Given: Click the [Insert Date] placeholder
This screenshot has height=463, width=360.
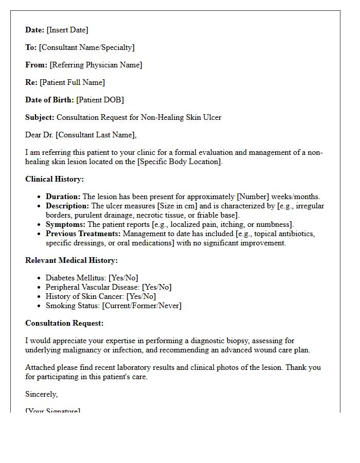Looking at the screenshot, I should (x=67, y=30).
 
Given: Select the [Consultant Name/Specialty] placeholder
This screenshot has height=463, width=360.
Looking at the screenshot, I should (x=86, y=47).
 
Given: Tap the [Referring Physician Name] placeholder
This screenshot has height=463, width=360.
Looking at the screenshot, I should (x=96, y=65).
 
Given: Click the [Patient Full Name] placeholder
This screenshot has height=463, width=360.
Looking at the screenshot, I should (x=72, y=82).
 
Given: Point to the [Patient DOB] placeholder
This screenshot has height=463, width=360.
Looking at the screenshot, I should (x=100, y=100).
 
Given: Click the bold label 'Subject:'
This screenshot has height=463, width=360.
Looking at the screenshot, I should (x=40, y=117).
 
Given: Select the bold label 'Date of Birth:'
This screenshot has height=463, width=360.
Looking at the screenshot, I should (x=49, y=100).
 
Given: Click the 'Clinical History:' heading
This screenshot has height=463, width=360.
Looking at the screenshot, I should (x=55, y=179).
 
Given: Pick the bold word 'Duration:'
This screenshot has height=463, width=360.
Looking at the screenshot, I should (x=63, y=197).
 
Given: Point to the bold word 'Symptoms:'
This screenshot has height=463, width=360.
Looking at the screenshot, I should (x=65, y=224).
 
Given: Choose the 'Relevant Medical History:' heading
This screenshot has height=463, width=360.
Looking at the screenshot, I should (x=71, y=260).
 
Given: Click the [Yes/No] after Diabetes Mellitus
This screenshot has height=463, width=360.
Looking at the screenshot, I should (x=123, y=278).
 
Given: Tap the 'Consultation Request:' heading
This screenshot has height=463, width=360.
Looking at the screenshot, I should (x=64, y=323).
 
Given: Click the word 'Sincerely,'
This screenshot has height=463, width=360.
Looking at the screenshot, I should (x=42, y=394).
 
